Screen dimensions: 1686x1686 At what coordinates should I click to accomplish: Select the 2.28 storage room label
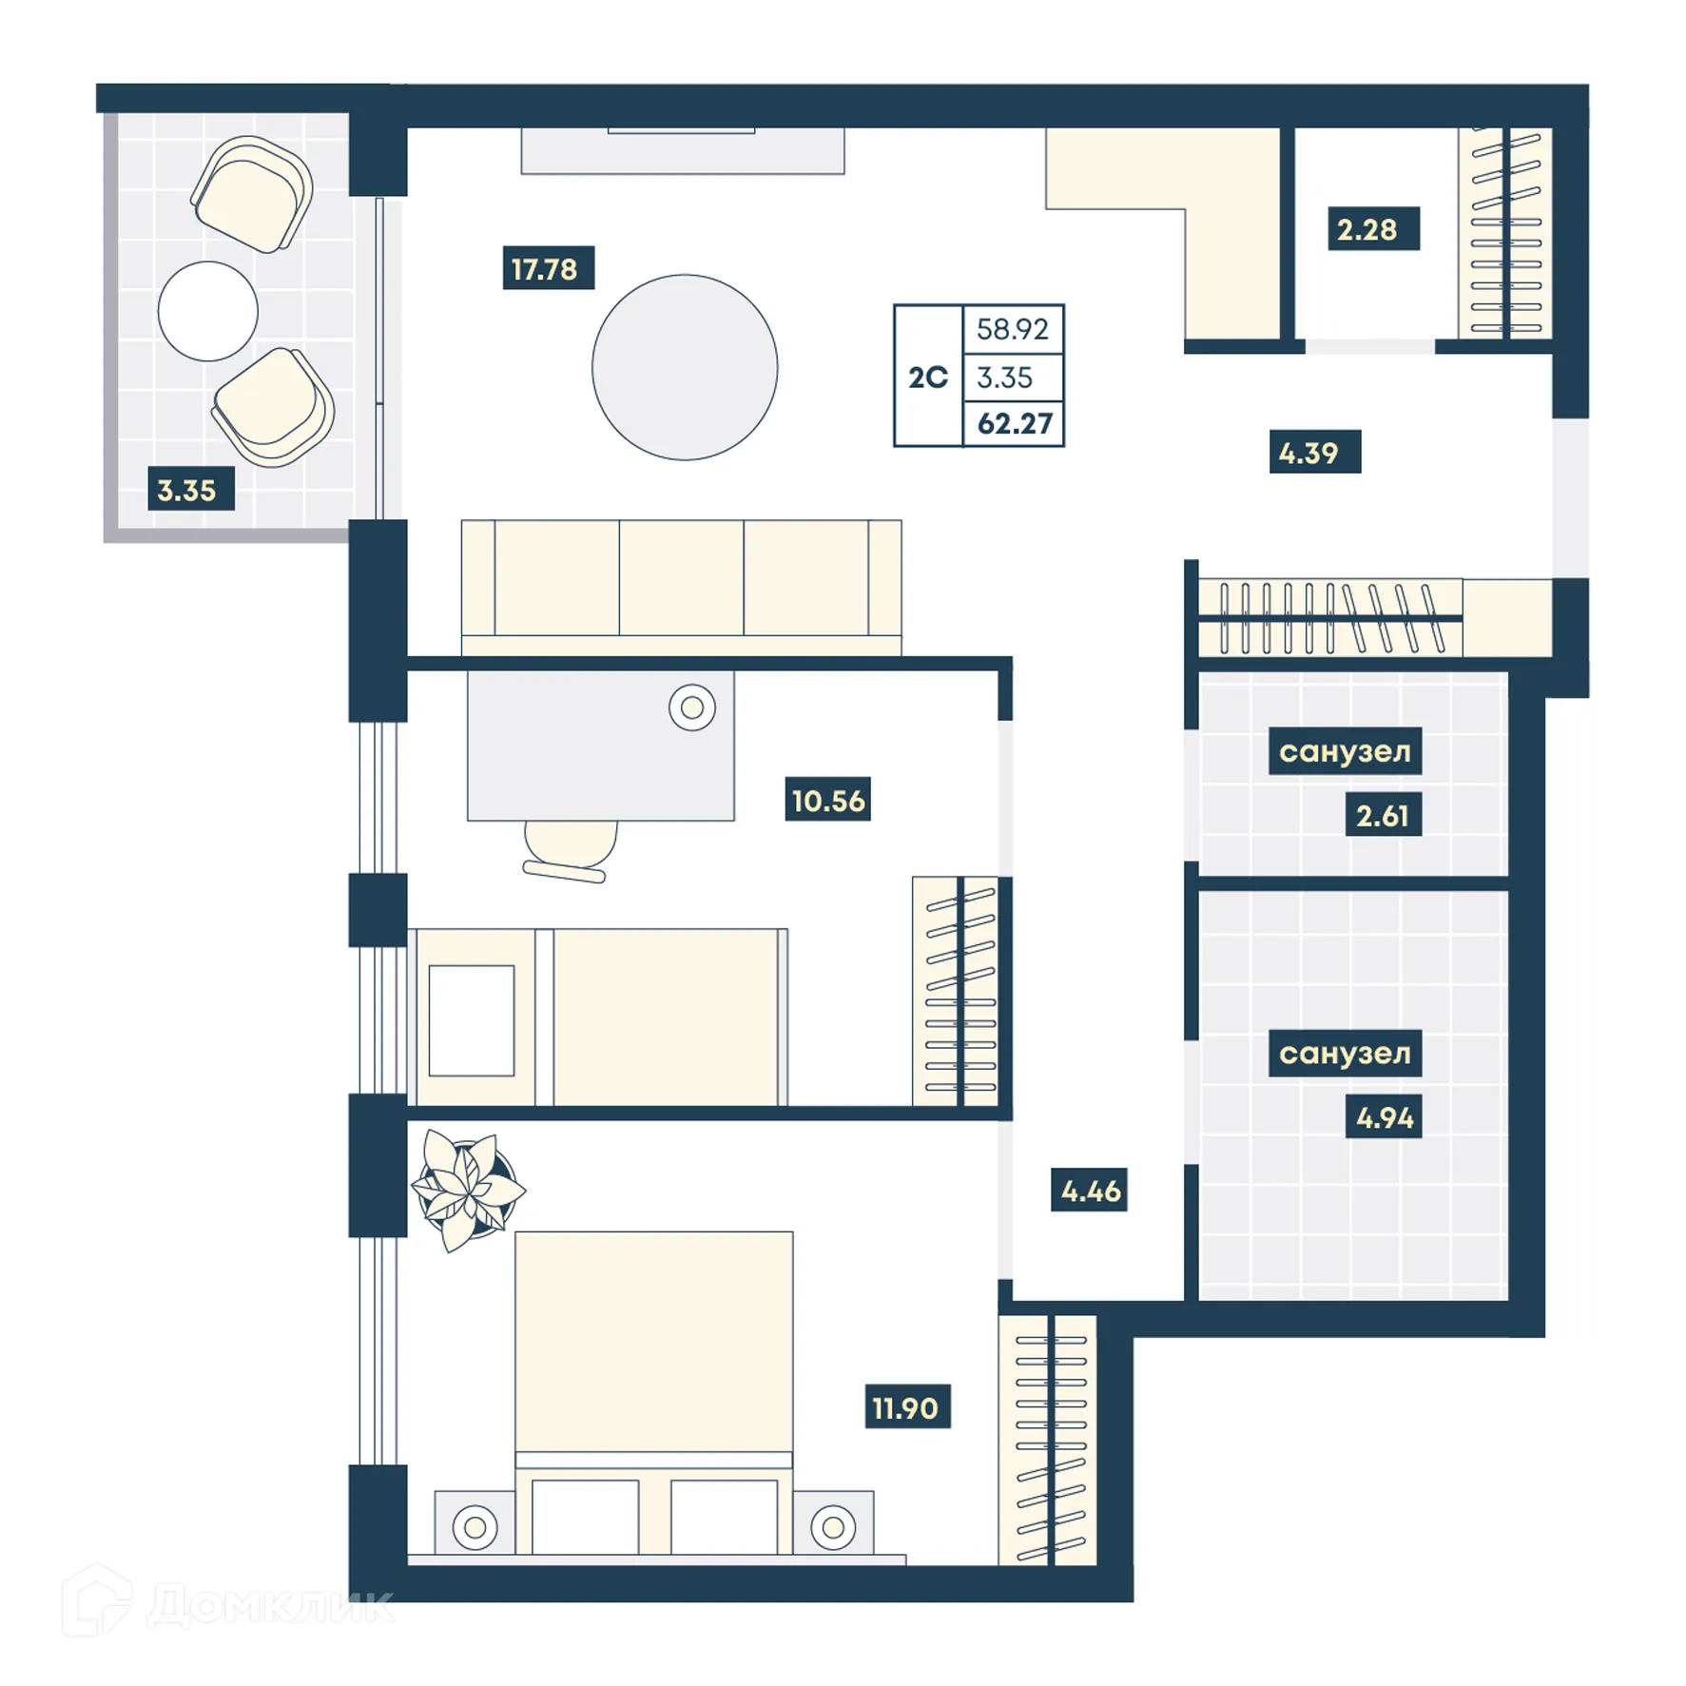click(1370, 229)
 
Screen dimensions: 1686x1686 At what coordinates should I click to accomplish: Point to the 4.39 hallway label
click(1312, 453)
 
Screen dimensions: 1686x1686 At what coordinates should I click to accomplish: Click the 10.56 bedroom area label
click(826, 800)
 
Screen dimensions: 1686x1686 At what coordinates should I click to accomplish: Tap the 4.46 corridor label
click(1089, 1191)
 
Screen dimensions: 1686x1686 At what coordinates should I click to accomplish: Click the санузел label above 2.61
click(1344, 751)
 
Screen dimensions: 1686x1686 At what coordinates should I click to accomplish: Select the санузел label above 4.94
click(1344, 1053)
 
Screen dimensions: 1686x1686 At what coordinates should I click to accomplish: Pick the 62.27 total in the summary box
click(1014, 424)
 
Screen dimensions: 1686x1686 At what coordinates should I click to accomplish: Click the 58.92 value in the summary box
click(1012, 329)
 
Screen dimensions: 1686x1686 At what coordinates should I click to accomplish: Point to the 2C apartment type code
click(927, 378)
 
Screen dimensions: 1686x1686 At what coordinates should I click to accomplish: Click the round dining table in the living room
click(684, 367)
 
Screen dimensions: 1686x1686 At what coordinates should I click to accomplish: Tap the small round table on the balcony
click(207, 311)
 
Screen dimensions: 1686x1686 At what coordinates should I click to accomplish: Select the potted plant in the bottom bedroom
click(467, 1189)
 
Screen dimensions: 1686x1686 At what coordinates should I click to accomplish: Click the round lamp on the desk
click(691, 707)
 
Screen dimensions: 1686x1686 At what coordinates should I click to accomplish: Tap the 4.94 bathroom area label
click(1383, 1117)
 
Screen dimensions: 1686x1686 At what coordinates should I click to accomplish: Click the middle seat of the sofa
click(681, 577)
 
